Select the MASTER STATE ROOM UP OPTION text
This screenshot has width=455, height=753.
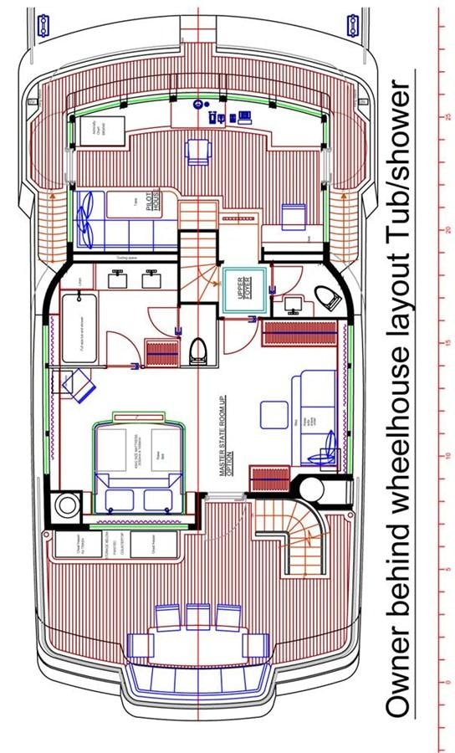click(224, 447)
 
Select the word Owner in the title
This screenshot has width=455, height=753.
click(405, 669)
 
